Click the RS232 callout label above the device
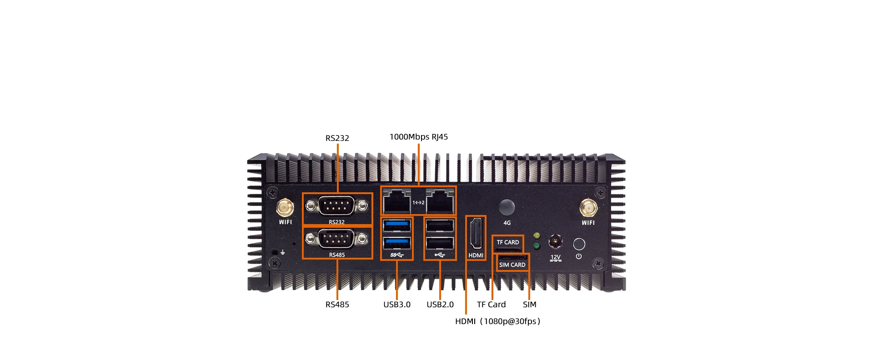tap(337, 138)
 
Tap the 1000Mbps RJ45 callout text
tap(418, 137)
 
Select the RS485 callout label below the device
tap(337, 305)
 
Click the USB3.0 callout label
tap(396, 305)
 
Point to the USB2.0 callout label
tap(440, 305)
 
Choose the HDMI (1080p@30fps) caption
tap(497, 321)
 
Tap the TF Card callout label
tap(491, 305)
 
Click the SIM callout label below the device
tap(529, 305)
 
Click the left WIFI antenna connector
tap(285, 208)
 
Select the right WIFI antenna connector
tap(588, 208)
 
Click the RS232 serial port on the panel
tap(336, 206)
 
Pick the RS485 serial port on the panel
tap(336, 239)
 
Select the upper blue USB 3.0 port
tap(397, 225)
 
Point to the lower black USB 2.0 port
tap(440, 243)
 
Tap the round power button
tap(579, 244)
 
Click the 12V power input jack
tap(555, 241)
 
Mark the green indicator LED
tap(537, 246)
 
